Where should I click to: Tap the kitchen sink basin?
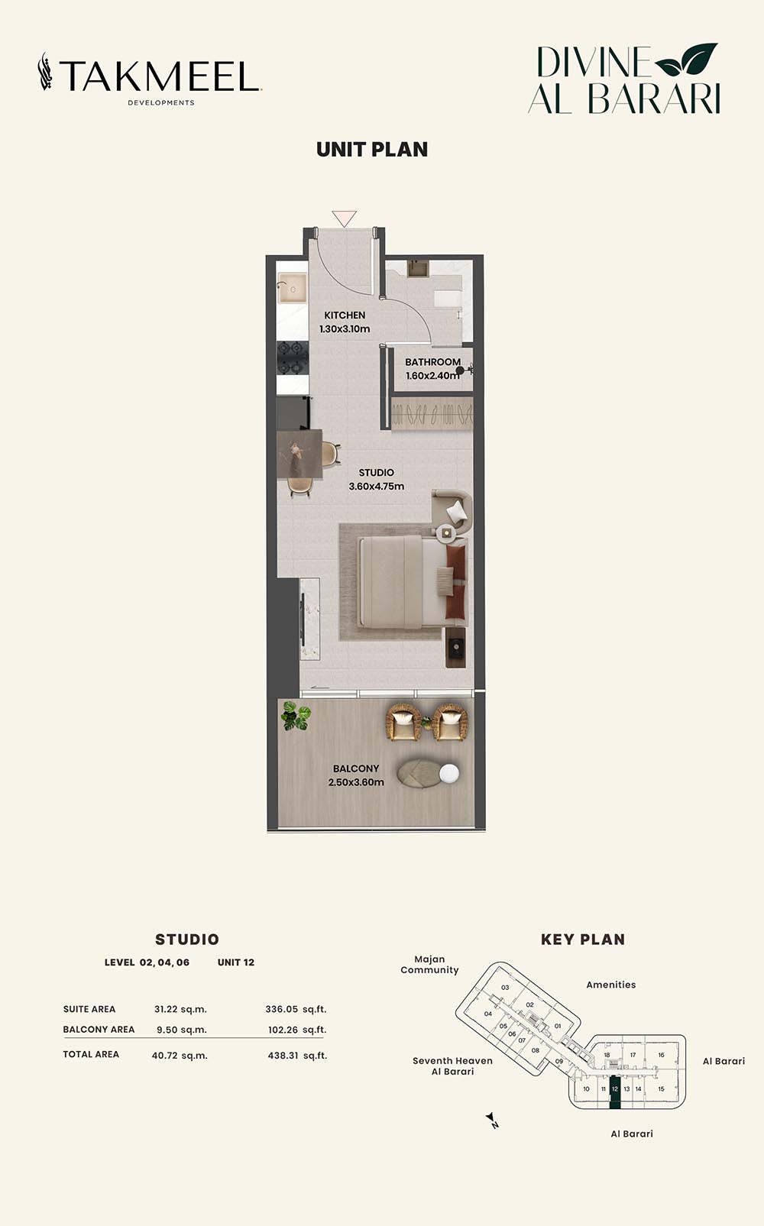click(293, 288)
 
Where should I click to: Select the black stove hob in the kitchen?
click(293, 358)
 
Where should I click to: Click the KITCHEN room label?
click(345, 315)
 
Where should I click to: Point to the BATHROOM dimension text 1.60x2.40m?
click(432, 376)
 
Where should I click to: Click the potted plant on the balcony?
click(296, 716)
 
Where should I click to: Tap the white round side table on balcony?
click(449, 773)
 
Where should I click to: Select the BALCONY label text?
click(356, 768)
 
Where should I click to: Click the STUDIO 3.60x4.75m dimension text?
click(377, 486)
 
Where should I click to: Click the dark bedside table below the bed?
click(455, 648)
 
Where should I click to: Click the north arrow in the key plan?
click(492, 1121)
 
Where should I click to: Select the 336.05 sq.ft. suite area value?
click(296, 1009)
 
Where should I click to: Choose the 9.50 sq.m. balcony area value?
click(182, 1030)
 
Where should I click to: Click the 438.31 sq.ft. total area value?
click(297, 1056)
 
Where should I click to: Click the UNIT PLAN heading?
click(372, 150)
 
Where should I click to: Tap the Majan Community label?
click(429, 965)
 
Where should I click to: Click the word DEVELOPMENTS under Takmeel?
click(161, 102)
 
